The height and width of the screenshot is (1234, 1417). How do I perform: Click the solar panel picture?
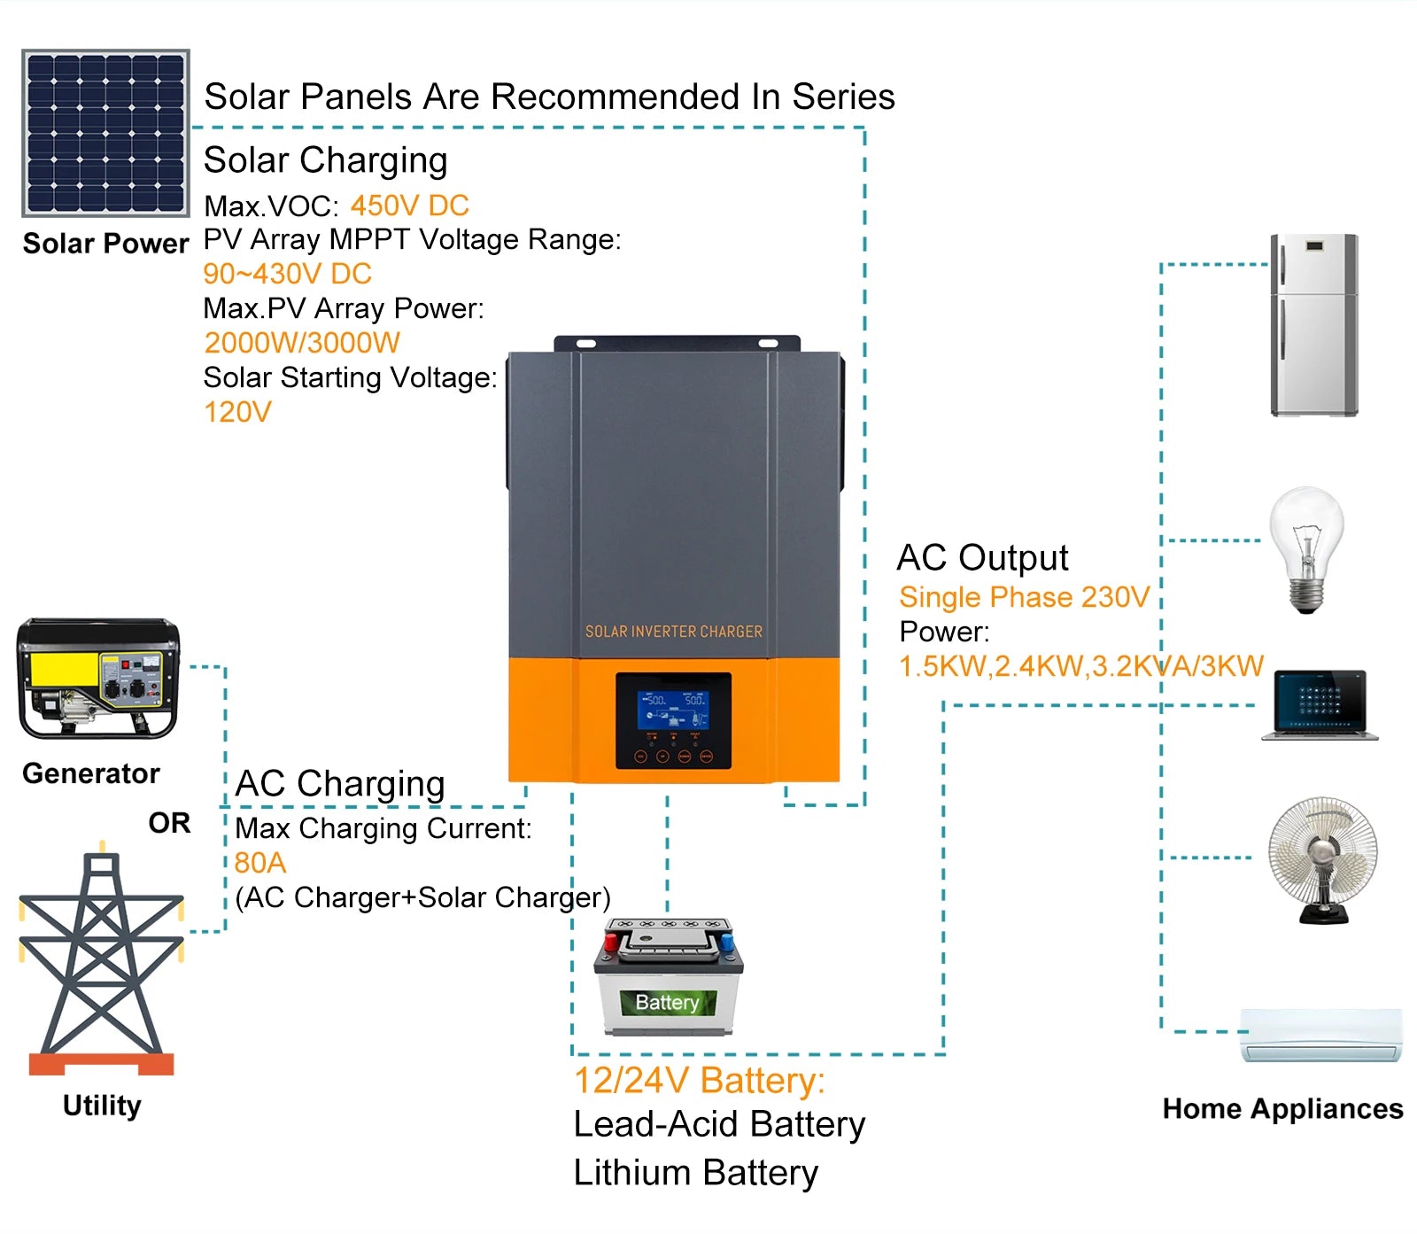(x=105, y=133)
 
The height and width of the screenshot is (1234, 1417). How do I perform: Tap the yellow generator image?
(x=97, y=679)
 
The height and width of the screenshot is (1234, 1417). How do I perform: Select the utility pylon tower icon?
(x=101, y=961)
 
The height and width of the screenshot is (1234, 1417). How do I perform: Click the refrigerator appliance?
(x=1313, y=325)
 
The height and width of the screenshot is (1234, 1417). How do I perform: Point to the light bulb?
(x=1306, y=547)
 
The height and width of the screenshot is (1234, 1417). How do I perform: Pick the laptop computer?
(x=1320, y=705)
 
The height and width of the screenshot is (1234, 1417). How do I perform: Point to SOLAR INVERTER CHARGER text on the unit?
(x=673, y=632)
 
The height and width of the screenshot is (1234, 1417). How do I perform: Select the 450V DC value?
(x=409, y=206)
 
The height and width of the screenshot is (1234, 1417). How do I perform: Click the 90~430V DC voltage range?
(x=287, y=274)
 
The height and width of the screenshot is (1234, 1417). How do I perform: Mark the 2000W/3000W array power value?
(x=302, y=343)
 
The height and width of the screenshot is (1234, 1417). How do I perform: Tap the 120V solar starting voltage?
(x=237, y=412)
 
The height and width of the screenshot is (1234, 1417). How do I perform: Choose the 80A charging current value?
(x=259, y=863)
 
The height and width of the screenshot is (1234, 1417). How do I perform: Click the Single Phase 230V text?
(x=1024, y=597)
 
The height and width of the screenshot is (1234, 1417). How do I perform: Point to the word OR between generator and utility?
(x=169, y=823)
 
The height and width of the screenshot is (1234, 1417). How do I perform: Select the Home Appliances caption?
(x=1282, y=1109)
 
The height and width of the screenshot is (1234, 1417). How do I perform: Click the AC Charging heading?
(x=340, y=784)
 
